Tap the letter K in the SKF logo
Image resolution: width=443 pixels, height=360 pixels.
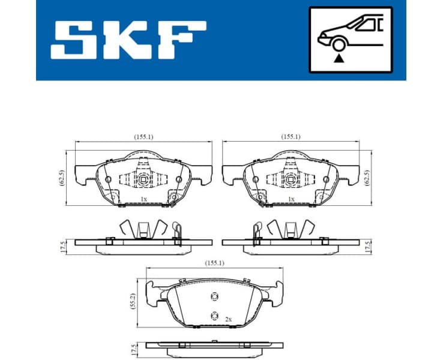point(128,40)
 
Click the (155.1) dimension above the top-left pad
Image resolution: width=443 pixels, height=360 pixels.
point(142,137)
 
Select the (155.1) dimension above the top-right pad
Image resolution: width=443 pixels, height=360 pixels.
point(291,137)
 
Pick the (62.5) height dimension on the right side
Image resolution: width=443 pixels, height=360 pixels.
point(368,177)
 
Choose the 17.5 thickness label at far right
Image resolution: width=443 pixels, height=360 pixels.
point(368,247)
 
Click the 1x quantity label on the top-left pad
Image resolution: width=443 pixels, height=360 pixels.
point(143,199)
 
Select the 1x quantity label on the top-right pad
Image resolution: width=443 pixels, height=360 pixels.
point(291,199)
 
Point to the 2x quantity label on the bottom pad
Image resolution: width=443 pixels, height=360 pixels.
point(229,320)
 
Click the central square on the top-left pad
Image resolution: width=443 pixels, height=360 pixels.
point(143,179)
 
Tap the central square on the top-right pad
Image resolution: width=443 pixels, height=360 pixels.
point(291,179)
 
